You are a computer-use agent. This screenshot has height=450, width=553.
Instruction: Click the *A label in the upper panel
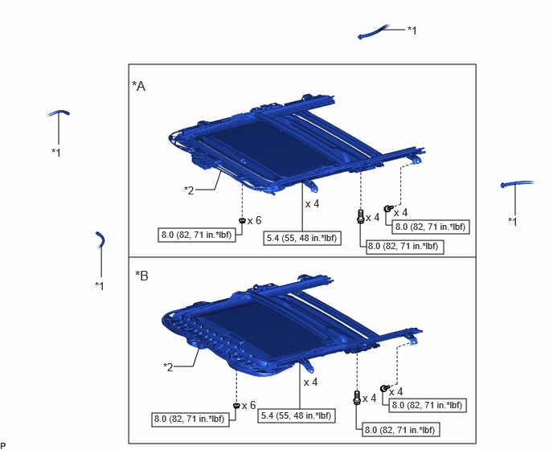(138, 86)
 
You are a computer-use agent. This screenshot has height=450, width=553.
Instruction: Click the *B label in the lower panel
(141, 276)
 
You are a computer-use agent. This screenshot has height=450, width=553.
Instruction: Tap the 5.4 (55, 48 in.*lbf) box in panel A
(302, 238)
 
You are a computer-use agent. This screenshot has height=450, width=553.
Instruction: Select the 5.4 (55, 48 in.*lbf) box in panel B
(297, 415)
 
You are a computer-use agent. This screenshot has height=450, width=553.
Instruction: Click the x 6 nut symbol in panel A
(242, 221)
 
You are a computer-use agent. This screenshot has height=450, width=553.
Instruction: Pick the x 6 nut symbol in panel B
(236, 406)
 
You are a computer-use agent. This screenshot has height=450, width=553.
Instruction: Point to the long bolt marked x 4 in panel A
(360, 216)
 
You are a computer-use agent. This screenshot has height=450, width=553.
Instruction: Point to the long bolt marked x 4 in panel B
(357, 398)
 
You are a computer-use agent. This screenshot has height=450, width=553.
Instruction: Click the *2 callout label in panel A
(189, 190)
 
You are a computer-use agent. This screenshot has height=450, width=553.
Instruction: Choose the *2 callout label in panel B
(168, 367)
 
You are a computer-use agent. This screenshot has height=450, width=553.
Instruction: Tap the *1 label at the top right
(412, 31)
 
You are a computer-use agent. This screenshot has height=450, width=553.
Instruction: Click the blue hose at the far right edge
(518, 183)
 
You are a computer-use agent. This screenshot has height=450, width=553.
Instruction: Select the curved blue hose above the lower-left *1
(100, 239)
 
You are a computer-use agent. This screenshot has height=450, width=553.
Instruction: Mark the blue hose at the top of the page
(373, 31)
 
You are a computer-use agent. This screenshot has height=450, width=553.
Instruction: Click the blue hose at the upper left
(59, 112)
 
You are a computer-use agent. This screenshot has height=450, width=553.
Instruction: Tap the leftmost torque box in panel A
(197, 235)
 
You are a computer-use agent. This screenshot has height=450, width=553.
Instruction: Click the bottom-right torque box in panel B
(400, 430)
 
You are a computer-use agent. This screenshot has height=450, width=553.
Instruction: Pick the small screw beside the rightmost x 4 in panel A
(387, 209)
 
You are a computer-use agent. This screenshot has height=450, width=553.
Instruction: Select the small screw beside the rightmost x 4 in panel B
(384, 388)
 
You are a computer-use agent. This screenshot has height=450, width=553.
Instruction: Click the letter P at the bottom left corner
(3, 446)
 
